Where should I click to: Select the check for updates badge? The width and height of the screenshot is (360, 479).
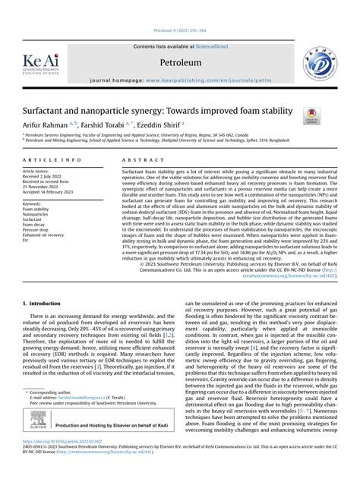[x=311, y=116]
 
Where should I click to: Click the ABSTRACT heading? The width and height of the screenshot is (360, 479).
[x=139, y=161]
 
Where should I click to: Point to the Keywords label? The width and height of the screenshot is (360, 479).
[x=32, y=204]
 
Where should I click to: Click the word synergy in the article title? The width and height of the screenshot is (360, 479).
[x=147, y=110]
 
